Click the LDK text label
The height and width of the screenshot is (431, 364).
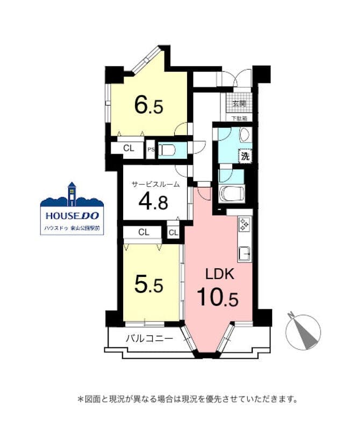(220, 274)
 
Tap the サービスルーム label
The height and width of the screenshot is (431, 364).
(156, 184)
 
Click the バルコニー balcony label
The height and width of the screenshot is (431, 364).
(149, 338)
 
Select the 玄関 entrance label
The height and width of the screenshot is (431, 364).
(239, 104)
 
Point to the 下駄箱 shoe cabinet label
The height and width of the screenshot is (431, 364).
(239, 119)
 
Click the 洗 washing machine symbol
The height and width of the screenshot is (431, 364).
(245, 156)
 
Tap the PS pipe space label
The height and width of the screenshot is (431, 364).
(151, 150)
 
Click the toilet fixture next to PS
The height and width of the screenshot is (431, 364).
(168, 150)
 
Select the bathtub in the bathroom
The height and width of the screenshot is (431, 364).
(232, 195)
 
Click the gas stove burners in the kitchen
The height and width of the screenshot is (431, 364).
(244, 224)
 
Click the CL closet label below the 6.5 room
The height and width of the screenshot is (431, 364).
(129, 149)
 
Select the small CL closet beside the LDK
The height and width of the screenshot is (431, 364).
(173, 233)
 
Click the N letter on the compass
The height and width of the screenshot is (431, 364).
(290, 315)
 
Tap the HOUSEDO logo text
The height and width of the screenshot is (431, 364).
(72, 216)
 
